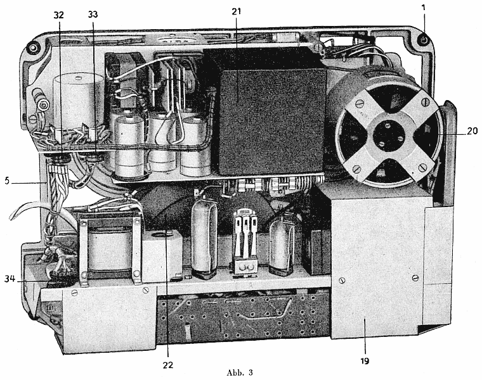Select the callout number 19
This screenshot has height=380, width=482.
coord(364,361)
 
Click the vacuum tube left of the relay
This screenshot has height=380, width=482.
coord(204,241)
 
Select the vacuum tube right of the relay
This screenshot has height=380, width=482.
coord(282,244)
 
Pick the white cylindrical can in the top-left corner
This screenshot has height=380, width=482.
coord(79,101)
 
